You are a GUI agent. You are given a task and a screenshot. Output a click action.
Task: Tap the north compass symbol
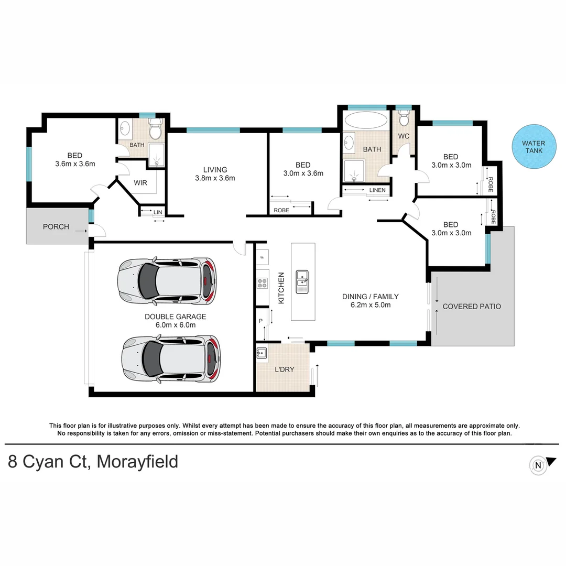[538, 465]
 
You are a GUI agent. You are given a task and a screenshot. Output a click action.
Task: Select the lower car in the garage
[171, 360]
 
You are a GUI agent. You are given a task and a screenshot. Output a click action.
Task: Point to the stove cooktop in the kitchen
[262, 284]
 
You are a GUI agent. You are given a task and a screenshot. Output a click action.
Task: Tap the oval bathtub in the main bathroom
[365, 120]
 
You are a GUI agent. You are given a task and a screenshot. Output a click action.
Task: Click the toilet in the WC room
[404, 119]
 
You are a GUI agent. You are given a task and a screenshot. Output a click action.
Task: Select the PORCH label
[56, 226]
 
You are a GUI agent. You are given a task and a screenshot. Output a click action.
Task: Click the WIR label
[140, 183]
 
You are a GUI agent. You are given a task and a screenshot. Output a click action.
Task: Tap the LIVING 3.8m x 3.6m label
[215, 173]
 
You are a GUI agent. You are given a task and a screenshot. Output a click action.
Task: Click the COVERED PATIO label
[472, 306]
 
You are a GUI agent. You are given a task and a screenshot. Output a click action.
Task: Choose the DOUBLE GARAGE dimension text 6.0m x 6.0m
[176, 325]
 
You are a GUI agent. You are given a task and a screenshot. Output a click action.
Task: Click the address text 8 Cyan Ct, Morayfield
[93, 462]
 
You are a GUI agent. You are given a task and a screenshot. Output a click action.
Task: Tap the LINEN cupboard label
[377, 190]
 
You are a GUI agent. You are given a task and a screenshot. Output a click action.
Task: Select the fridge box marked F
[262, 257]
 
